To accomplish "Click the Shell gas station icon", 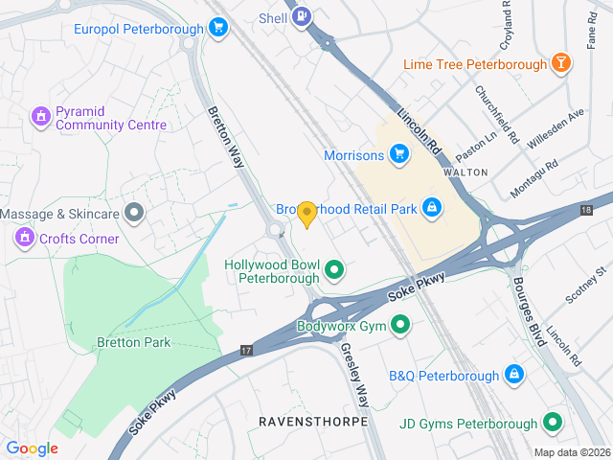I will pyautogui.click(x=303, y=16).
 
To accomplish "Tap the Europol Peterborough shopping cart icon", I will pyautogui.click(x=218, y=28).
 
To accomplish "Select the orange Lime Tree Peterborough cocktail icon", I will pyautogui.click(x=561, y=64).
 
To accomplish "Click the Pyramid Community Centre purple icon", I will pyautogui.click(x=40, y=117).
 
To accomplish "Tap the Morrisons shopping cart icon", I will pyautogui.click(x=399, y=153).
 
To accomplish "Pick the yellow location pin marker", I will pyautogui.click(x=306, y=215).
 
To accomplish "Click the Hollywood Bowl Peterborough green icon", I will pyautogui.click(x=334, y=271).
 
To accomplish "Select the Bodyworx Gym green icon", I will pyautogui.click(x=401, y=326).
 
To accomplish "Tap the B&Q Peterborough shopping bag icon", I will pyautogui.click(x=514, y=374).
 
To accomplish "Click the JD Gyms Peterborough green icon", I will pyautogui.click(x=552, y=422).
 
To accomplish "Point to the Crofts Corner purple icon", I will pyautogui.click(x=24, y=238).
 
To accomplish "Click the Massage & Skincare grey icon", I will pyautogui.click(x=134, y=212).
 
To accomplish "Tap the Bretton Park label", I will pyautogui.click(x=133, y=342).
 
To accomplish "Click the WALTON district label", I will pyautogui.click(x=466, y=172).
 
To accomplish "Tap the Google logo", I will pyautogui.click(x=32, y=448).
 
